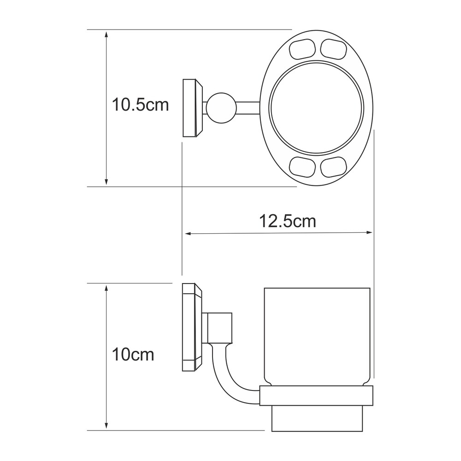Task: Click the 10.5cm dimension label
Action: [141, 105]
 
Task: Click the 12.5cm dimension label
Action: [288, 221]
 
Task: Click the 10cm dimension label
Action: [133, 355]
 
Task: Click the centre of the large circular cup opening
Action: [316, 107]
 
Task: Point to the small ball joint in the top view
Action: [221, 107]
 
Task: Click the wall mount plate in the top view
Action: [193, 108]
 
